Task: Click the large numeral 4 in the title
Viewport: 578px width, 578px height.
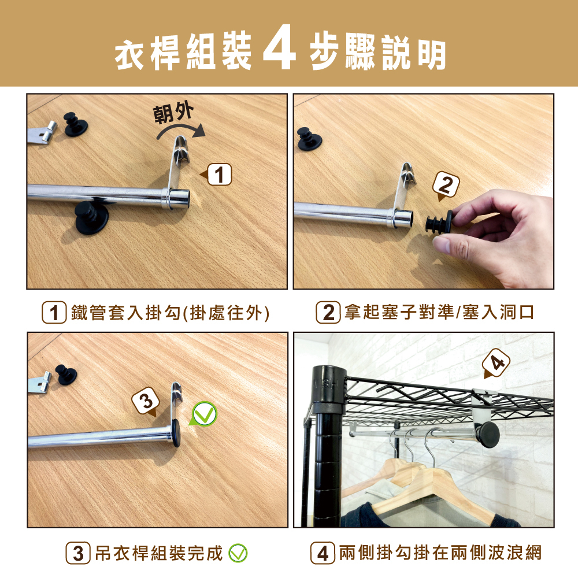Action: click(279, 47)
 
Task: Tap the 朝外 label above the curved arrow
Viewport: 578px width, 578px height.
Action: click(173, 113)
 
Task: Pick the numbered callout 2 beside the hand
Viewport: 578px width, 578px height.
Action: click(446, 186)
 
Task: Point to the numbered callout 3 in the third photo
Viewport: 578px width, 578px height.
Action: click(146, 401)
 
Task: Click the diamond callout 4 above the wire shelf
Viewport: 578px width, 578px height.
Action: click(496, 363)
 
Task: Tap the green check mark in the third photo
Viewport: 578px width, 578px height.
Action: click(204, 414)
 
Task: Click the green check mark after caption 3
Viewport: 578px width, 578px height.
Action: click(238, 553)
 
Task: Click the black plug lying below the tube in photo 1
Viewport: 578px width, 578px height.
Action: click(91, 217)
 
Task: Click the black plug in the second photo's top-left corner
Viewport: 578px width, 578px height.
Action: click(309, 139)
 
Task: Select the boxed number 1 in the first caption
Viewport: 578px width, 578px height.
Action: click(54, 313)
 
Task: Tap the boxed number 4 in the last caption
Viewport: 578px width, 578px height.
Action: click(323, 553)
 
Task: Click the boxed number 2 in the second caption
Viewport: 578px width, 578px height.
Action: click(328, 313)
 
